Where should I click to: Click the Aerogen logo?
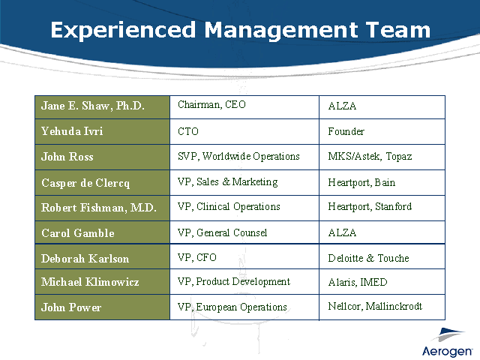tap(447, 343)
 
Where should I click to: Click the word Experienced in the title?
tap(123, 30)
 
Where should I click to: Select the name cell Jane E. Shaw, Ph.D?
tap(102, 107)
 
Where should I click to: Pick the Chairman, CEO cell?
tap(244, 107)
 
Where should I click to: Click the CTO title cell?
tap(244, 132)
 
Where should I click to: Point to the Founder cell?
tap(382, 132)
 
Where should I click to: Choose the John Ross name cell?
tap(102, 157)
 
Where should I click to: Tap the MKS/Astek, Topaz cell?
tap(382, 157)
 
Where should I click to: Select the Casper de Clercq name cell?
tap(102, 182)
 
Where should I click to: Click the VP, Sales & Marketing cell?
tap(244, 182)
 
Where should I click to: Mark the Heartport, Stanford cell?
tap(382, 208)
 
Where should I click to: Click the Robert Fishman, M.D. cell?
tap(102, 208)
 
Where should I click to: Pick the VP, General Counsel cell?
tap(244, 232)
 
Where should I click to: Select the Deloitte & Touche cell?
tap(382, 256)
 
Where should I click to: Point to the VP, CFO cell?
tap(244, 256)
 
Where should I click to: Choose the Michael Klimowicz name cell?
tap(102, 282)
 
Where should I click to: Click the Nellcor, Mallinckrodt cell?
tap(382, 307)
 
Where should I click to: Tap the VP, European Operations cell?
tap(244, 307)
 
